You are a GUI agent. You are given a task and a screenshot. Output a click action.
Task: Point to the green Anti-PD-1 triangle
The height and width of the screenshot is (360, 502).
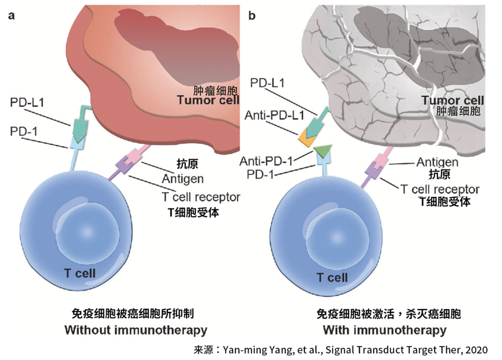coord(321,152)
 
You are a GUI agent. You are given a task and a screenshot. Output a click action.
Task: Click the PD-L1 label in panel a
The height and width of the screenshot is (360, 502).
coord(27,103)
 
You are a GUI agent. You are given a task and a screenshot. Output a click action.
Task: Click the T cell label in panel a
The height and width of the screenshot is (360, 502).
coord(80,273)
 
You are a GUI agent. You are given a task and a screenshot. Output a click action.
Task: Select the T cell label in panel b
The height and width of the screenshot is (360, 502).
coord(332,277)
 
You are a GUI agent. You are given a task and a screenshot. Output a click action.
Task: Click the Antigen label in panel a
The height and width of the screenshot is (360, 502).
coord(182,178)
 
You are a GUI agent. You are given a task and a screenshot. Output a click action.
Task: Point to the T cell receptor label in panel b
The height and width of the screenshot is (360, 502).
coord(440,189)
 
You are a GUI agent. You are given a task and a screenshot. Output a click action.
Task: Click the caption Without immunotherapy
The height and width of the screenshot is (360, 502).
coord(135,330)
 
